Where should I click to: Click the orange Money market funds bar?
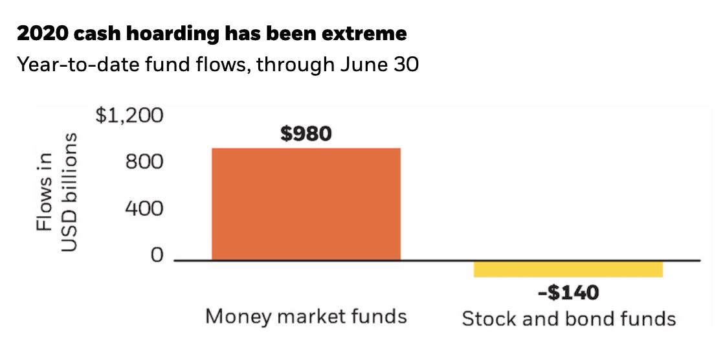pos(306,204)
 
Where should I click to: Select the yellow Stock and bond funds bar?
pos(568,268)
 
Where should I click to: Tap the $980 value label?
pos(306,134)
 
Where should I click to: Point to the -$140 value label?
pos(568,293)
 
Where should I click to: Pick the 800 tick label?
pos(145,161)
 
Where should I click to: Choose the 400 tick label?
pos(145,208)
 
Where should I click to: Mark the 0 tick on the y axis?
pos(156,256)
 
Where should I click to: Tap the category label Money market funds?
pos(306,316)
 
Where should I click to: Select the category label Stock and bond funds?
pos(568,319)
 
